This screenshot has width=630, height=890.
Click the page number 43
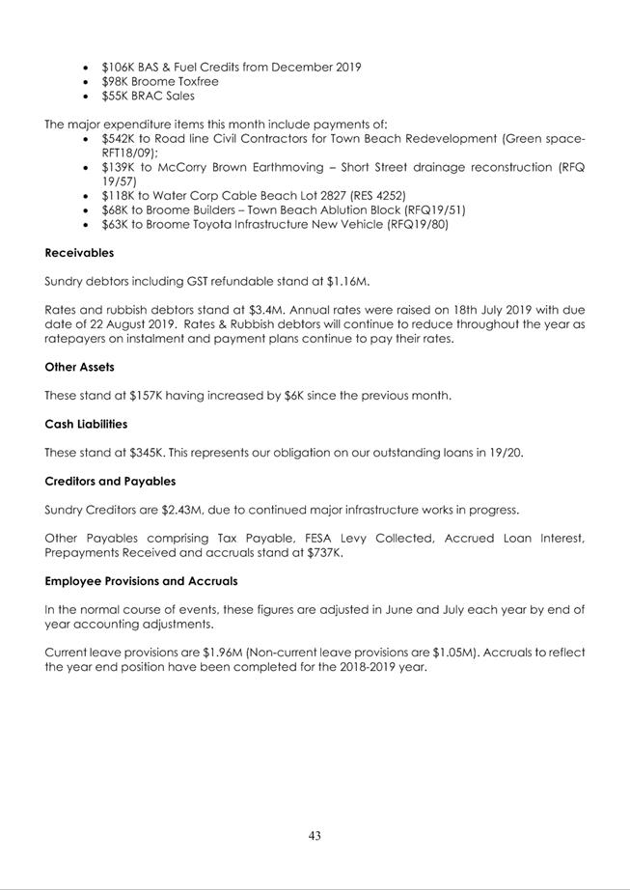point(315,836)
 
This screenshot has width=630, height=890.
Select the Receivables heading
point(79,253)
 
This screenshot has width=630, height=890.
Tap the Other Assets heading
point(82,368)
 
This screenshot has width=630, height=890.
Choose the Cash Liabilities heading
point(86,424)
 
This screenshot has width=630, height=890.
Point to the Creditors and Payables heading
point(110,481)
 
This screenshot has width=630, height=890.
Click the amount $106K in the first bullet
point(120,67)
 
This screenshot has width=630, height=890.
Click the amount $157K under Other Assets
point(144,396)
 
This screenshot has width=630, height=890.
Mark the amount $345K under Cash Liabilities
point(144,453)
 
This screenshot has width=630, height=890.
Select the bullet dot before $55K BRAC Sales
point(89,96)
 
